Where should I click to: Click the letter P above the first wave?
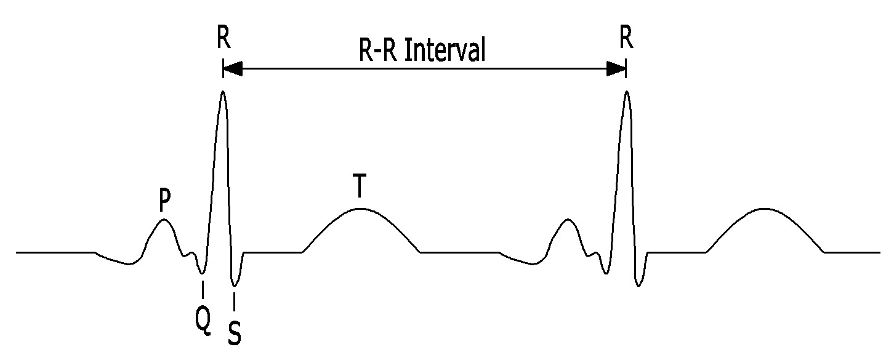pyautogui.click(x=164, y=199)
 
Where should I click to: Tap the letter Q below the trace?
pyautogui.click(x=203, y=322)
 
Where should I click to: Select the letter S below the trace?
pyautogui.click(x=235, y=334)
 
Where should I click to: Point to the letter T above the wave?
pyautogui.click(x=360, y=186)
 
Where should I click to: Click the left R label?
pyautogui.click(x=224, y=37)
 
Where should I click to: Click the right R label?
pyautogui.click(x=626, y=37)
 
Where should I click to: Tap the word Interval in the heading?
pyautogui.click(x=445, y=49)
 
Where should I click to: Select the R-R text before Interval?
pyautogui.click(x=379, y=50)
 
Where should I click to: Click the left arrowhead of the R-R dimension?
pyautogui.click(x=233, y=69)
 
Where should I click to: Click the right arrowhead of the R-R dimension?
pyautogui.click(x=616, y=69)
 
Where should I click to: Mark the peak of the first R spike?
pyautogui.click(x=223, y=92)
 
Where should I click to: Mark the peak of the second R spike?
pyautogui.click(x=627, y=92)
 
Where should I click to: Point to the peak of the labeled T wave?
pyautogui.click(x=360, y=209)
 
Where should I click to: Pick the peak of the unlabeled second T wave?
pyautogui.click(x=764, y=209)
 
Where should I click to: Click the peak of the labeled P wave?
pyautogui.click(x=163, y=220)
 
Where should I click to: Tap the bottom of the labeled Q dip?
pyautogui.click(x=202, y=273)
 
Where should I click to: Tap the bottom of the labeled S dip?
pyautogui.click(x=235, y=286)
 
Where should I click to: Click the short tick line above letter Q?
pyautogui.click(x=203, y=290)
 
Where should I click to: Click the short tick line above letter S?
pyautogui.click(x=235, y=302)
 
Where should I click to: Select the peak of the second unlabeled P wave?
pyautogui.click(x=568, y=220)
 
